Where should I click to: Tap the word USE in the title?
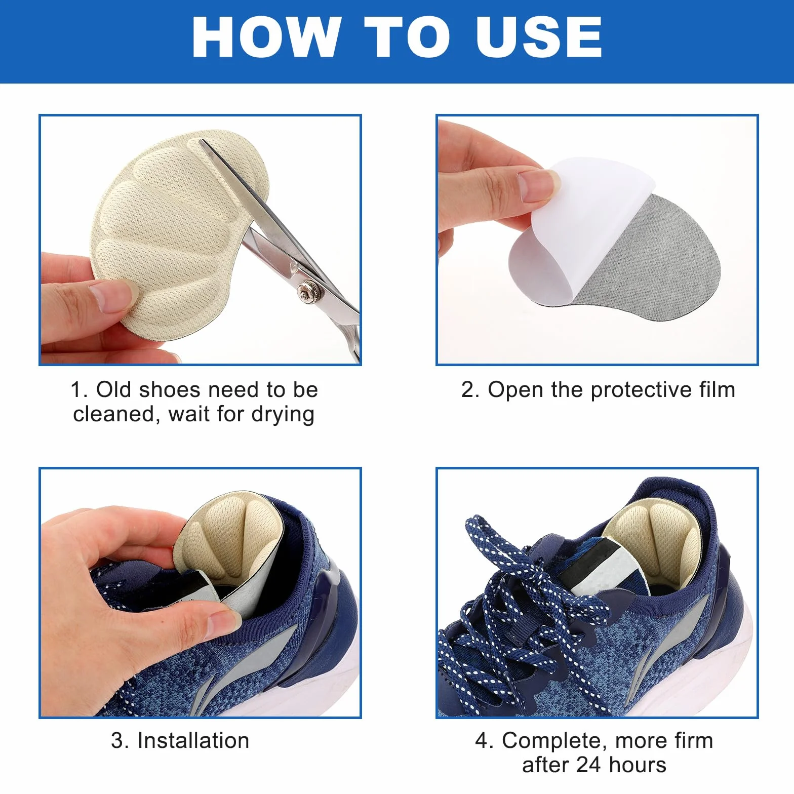coord(539,37)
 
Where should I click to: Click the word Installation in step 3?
coord(193,741)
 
